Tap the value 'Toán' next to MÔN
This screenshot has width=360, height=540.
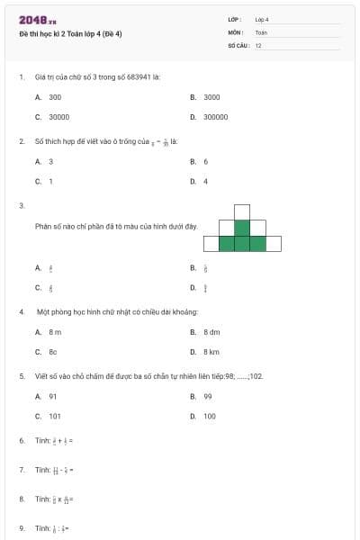pos(261,31)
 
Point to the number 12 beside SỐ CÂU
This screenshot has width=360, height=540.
pos(258,44)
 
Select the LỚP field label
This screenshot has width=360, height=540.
pos(234,19)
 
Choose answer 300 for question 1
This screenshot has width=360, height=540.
pos(55,96)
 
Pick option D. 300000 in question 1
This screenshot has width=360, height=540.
pos(215,116)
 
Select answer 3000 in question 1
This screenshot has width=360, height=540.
pos(211,96)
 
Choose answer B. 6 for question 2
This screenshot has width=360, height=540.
pos(205,161)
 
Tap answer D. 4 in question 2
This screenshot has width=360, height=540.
pos(205,181)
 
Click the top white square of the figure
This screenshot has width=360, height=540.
pos(242,211)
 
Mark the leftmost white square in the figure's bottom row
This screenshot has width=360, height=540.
pos(211,243)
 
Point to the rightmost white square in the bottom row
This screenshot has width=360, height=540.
pos(273,243)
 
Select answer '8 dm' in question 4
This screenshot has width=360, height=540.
pos(211,332)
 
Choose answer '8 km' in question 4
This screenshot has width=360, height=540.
pos(211,352)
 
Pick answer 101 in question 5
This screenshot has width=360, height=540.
pos(55,416)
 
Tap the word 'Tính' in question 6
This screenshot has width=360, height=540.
pos(42,440)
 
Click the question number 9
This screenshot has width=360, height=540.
pos(21,527)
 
